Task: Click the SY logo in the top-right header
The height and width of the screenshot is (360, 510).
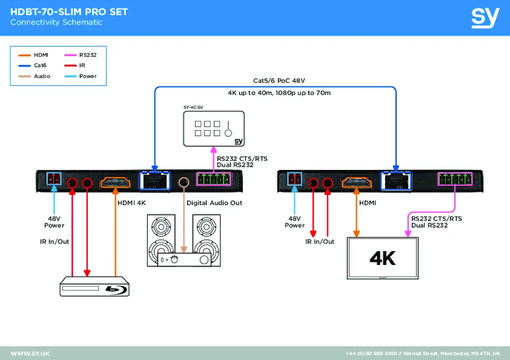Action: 485,18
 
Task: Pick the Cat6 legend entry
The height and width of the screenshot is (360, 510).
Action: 35,66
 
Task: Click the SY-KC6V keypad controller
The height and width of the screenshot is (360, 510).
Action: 214,128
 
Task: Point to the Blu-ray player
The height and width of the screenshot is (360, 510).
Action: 93,286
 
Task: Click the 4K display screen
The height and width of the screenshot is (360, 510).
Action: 382,259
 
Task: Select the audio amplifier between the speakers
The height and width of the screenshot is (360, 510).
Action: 184,260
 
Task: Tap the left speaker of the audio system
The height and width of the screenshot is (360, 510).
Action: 160,239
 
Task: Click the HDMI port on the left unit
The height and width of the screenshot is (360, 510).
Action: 115,183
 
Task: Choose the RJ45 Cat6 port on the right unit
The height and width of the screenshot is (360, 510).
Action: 395,182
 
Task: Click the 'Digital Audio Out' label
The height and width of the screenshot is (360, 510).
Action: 214,203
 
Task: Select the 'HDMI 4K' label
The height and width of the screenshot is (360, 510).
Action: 131,203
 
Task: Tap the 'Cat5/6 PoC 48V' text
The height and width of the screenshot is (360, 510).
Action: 279,81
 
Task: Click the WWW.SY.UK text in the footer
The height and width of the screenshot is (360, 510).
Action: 30,354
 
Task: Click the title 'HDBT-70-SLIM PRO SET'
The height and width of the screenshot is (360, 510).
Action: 69,12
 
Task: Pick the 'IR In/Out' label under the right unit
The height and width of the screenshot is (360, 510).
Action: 320,242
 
